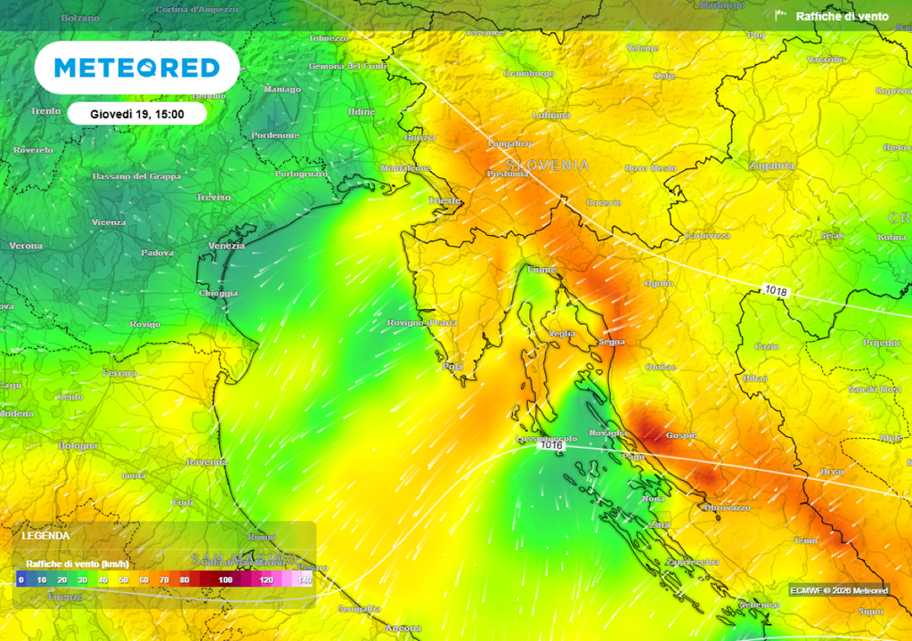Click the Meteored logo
pos(137,68)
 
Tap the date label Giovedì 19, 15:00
pos(137,114)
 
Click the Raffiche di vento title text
pos(842,16)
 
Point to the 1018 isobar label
pos(775,290)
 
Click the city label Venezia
pos(225,246)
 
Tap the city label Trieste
pos(444,201)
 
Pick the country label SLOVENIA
pos(548,166)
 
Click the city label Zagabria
pos(771,166)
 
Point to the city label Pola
pos(453,366)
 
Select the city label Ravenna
pos(206,463)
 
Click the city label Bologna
pos(78,445)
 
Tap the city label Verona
pos(25,246)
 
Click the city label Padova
pos(157,253)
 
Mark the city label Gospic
pos(682,435)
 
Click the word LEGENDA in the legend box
pos(45,536)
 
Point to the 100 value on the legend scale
pos(226,580)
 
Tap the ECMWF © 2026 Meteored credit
pos(838,590)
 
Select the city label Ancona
pos(403,629)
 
